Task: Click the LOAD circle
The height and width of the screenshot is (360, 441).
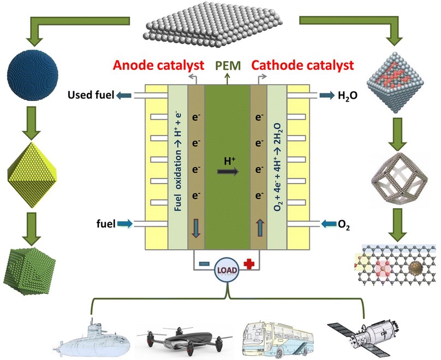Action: pyautogui.click(x=227, y=270)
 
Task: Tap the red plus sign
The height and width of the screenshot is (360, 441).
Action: pyautogui.click(x=249, y=264)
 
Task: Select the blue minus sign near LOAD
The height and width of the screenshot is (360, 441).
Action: pyautogui.click(x=205, y=264)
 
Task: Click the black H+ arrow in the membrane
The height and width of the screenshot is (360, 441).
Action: pyautogui.click(x=228, y=172)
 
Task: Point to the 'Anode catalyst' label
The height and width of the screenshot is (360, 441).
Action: pyautogui.click(x=158, y=65)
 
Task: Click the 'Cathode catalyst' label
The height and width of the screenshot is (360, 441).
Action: pyautogui.click(x=302, y=65)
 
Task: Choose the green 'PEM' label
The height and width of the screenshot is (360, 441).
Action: pyautogui.click(x=228, y=66)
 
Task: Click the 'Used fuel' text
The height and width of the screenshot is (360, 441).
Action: pyautogui.click(x=91, y=95)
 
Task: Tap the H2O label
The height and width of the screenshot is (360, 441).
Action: pyautogui.click(x=348, y=96)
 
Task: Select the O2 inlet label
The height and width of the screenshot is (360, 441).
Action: pyautogui.click(x=344, y=225)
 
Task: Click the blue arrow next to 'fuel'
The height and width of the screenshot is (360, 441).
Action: pyautogui.click(x=124, y=224)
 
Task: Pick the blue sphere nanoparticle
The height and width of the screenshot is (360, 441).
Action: pyautogui.click(x=33, y=74)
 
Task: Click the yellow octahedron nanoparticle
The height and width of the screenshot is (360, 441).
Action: pyautogui.click(x=32, y=175)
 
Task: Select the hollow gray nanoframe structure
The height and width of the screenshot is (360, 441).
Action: pyautogui.click(x=400, y=178)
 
